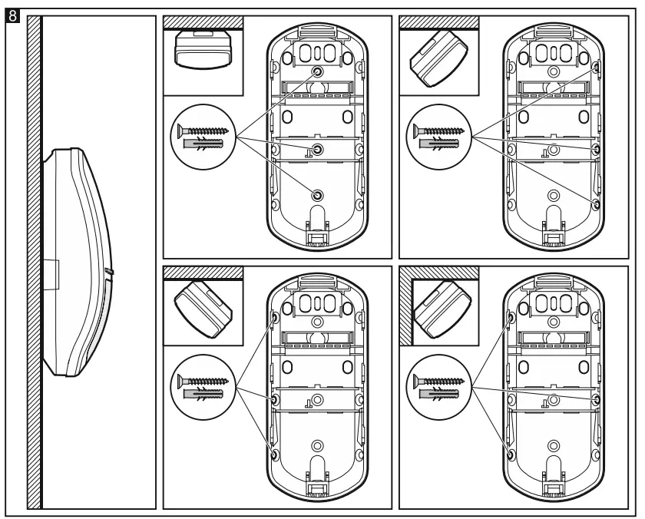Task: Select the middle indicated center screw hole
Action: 318,147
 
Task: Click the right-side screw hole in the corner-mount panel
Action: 597,400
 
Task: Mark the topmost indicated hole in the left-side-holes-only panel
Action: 274,316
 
